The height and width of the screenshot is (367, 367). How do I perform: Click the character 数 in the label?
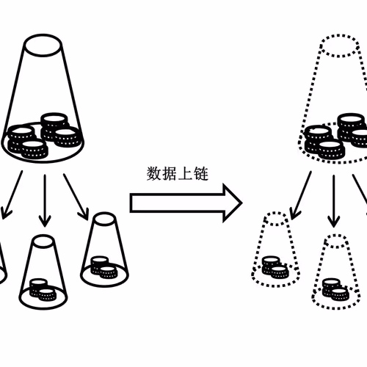click(154, 174)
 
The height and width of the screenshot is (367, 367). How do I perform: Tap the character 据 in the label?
click(170, 174)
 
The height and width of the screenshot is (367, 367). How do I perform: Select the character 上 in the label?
click(185, 174)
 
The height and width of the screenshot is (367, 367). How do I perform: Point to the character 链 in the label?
click(201, 174)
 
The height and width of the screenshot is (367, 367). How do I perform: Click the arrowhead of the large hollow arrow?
click(233, 203)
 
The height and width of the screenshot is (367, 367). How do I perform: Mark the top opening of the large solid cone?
click(43, 46)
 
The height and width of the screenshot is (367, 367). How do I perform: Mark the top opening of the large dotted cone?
click(340, 46)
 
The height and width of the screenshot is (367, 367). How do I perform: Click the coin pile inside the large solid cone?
click(44, 136)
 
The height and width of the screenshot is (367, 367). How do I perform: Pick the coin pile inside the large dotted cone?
click(336, 136)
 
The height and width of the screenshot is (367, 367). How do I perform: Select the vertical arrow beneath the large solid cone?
click(45, 200)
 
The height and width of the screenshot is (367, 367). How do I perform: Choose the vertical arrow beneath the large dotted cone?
click(334, 201)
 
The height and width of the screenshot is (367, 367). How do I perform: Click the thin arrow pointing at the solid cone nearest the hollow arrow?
click(76, 197)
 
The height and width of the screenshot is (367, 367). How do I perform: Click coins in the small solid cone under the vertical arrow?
click(43, 290)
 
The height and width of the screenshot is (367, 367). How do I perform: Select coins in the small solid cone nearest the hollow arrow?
click(104, 268)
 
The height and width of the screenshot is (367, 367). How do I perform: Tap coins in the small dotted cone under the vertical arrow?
click(335, 290)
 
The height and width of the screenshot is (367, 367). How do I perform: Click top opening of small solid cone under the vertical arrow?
click(43, 241)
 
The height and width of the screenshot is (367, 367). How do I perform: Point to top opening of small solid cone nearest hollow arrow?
click(105, 219)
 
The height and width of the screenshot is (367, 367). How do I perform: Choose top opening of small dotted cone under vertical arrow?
click(336, 241)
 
